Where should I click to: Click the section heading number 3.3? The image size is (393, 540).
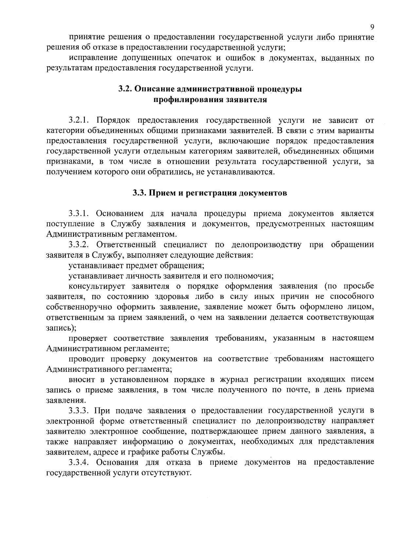click(139, 193)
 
